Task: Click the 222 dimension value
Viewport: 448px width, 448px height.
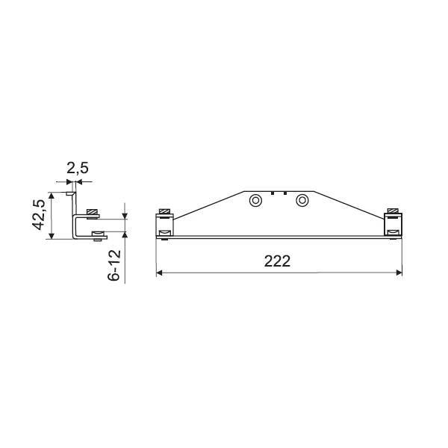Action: pos(277,261)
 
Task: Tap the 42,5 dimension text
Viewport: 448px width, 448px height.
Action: pos(39,214)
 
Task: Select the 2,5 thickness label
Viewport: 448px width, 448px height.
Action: pos(78,168)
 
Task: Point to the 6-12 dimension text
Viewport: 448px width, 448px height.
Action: pos(114,265)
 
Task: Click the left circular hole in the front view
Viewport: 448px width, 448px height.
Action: pos(255,200)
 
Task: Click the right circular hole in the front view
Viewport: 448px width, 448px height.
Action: pos(302,200)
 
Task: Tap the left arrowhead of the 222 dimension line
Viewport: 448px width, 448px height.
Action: pos(159,273)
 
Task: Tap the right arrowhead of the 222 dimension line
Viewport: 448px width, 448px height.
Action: pos(399,273)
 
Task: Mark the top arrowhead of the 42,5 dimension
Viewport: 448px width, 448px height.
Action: pos(52,196)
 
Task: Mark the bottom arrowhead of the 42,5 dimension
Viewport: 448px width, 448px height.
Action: pos(52,236)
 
